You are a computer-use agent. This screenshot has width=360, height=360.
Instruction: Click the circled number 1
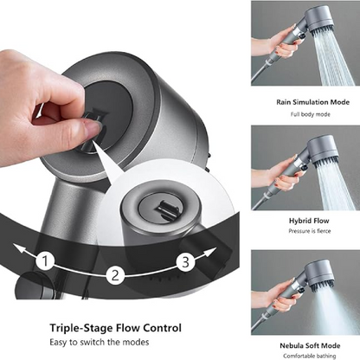pos(47,260)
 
